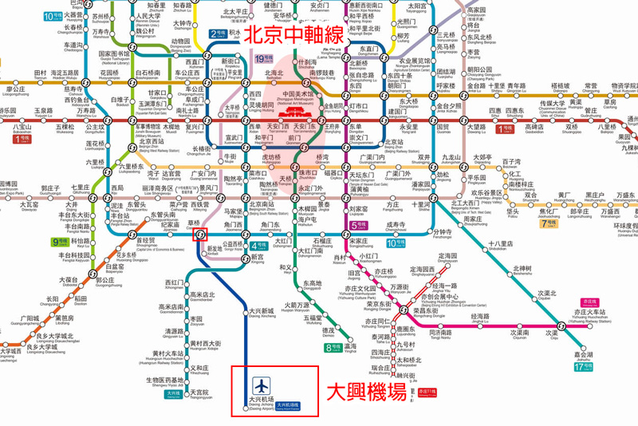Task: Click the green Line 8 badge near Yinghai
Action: (332, 347)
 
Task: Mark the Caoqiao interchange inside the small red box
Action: (200, 234)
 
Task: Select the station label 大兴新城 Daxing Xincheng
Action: (262, 313)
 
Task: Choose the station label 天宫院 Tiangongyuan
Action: (199, 395)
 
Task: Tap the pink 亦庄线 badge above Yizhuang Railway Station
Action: (589, 302)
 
